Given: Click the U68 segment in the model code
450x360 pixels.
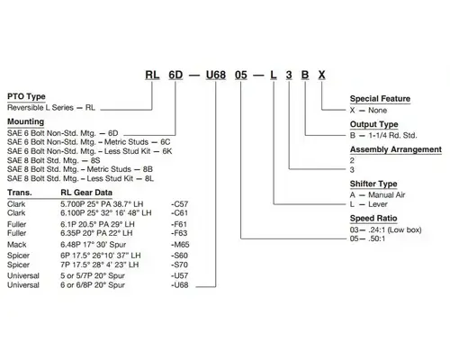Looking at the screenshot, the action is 216,75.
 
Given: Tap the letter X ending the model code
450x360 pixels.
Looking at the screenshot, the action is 321,75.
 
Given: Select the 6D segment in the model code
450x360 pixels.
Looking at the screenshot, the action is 175,75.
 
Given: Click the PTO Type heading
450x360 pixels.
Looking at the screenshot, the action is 26,96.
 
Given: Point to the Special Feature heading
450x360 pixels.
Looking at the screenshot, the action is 380,99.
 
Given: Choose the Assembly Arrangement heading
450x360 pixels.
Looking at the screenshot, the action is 396,149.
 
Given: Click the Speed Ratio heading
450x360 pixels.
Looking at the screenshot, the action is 373,218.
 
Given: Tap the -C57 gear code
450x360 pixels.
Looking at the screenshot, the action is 179,204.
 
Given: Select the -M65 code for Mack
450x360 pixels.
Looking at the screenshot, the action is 180,245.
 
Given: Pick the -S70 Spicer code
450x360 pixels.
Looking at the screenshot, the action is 179,265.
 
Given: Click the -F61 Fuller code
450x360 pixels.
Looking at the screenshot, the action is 179,224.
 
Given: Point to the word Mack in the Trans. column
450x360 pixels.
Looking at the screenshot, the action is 17,245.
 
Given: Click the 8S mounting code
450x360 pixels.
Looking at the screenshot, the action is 95,160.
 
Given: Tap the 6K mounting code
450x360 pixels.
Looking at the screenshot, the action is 167,151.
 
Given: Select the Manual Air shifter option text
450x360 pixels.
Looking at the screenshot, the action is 387,195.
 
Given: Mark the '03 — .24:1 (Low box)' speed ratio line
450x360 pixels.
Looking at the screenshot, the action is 385,229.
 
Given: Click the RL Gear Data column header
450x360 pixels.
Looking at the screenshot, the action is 86,193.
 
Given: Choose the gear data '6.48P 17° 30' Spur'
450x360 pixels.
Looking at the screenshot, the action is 94,245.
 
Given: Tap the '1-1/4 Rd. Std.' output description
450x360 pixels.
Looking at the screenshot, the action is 392,135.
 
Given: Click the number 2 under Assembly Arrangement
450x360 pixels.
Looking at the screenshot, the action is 352,160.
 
